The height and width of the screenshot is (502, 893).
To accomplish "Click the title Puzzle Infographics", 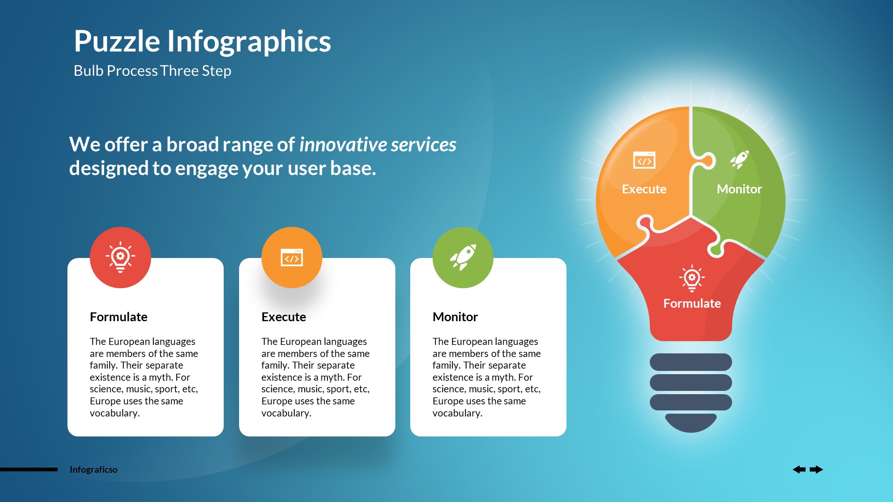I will click(202, 42).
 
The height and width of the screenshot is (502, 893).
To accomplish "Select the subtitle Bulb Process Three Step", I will click(152, 71).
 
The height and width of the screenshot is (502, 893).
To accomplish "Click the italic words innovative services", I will click(378, 145).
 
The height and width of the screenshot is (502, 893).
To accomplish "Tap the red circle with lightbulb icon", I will click(120, 258).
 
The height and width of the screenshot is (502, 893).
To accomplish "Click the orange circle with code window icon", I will click(292, 258).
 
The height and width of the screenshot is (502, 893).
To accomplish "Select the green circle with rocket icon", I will click(463, 258).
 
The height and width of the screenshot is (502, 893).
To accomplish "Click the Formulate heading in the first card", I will click(119, 317).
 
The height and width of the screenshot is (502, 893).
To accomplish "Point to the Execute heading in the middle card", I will click(284, 317).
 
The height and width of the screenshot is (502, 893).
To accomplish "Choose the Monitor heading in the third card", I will click(455, 317).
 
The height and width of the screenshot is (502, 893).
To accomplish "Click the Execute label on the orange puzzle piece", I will click(644, 189).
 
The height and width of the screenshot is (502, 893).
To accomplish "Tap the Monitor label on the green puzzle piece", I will click(739, 189).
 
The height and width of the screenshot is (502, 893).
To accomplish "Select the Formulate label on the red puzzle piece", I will click(692, 304).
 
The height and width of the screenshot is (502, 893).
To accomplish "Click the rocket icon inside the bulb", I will click(740, 159).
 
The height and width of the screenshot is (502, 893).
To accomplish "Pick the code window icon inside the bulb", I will click(644, 160).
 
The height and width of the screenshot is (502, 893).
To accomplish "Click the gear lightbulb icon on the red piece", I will click(692, 278).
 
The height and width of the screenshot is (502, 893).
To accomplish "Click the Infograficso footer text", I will click(93, 469).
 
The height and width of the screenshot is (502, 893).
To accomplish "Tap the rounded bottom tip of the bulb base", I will click(691, 423).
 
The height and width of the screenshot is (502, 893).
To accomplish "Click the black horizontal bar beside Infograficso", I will click(29, 469).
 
